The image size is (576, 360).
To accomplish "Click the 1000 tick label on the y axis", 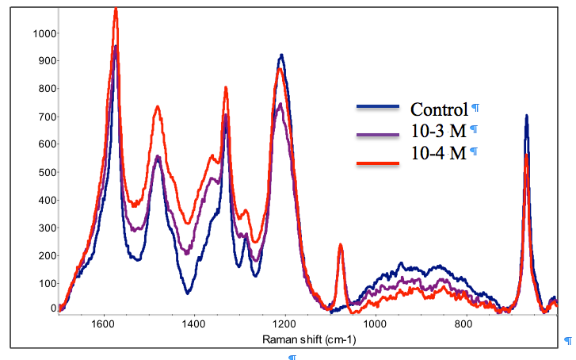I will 43,33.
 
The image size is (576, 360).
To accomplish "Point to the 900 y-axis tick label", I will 45,61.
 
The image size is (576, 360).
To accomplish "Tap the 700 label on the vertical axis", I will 45,117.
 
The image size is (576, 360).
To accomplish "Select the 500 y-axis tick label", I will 45,172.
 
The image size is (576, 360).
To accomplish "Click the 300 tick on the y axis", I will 45,228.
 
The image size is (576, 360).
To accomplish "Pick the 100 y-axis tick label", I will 45,283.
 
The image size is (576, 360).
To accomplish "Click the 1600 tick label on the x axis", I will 102,324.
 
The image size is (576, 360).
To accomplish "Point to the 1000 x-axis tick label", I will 375,324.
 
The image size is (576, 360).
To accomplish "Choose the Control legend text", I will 439,109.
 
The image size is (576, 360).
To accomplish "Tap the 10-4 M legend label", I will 438,153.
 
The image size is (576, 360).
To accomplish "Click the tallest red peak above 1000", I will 116,10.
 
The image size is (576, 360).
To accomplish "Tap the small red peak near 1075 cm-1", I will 340,246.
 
